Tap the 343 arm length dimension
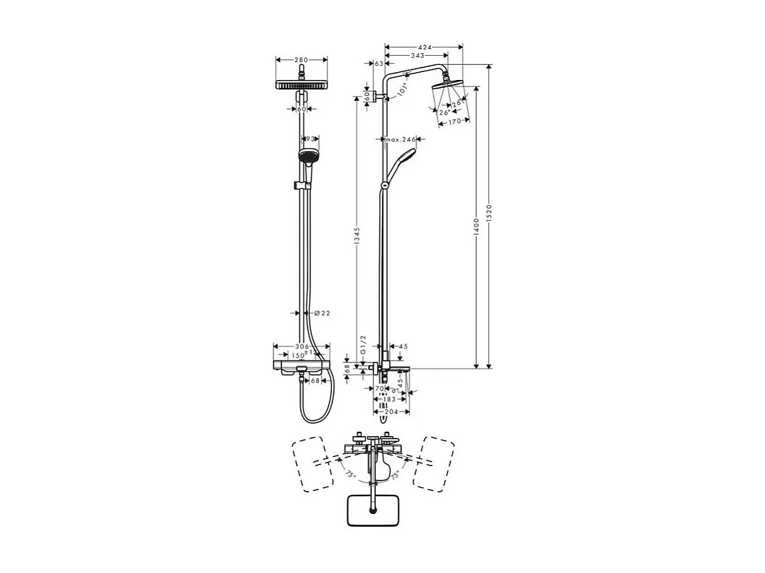pyautogui.click(x=417, y=56)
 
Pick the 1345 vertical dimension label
pyautogui.click(x=357, y=241)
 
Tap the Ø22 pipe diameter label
pyautogui.click(x=321, y=313)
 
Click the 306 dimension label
pyautogui.click(x=302, y=346)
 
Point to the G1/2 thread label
pyautogui.click(x=362, y=346)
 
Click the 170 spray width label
pyautogui.click(x=455, y=121)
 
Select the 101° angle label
pyautogui.click(x=403, y=89)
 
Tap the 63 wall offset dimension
pyautogui.click(x=379, y=64)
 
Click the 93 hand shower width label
pyautogui.click(x=310, y=139)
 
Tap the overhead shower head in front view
pyautogui.click(x=301, y=85)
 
